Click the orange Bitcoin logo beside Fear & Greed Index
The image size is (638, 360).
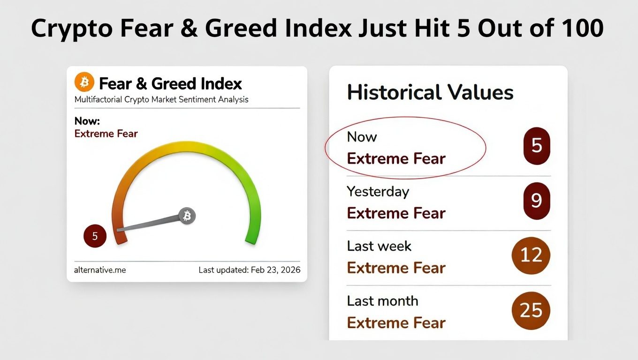[x=84, y=83]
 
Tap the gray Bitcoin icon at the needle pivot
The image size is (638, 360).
[x=187, y=216]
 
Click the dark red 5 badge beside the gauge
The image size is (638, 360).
[x=95, y=236]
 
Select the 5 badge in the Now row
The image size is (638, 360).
[x=537, y=146]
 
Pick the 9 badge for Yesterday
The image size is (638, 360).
[x=537, y=201]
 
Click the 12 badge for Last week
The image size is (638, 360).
[x=531, y=255]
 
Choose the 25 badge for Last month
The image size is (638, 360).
[x=531, y=310]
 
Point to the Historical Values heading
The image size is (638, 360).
[x=430, y=92]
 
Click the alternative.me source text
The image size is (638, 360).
[x=100, y=270]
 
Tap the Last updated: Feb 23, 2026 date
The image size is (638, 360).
[x=250, y=270]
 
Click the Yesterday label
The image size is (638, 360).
[x=378, y=192]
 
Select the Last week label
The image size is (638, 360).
[x=379, y=246]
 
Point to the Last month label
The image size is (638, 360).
[x=382, y=301]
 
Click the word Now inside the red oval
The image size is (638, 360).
[x=362, y=137]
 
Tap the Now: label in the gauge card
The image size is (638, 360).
[x=87, y=121]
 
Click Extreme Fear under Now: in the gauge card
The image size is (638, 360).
[x=106, y=134]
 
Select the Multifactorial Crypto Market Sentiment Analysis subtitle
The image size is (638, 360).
[x=161, y=99]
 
